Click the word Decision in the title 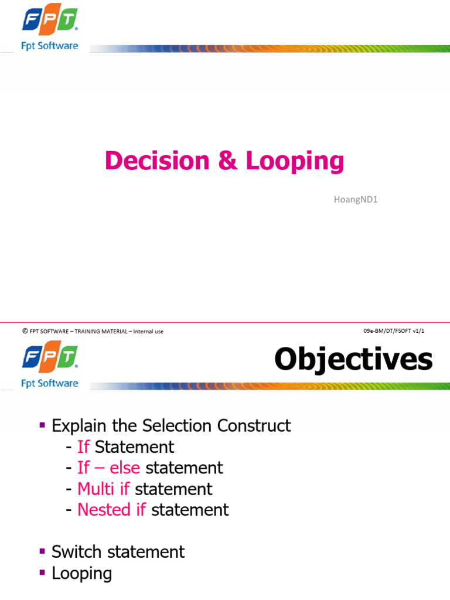coord(156,161)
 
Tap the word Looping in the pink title coord(295,161)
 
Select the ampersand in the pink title coord(228,161)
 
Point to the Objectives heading coord(353,359)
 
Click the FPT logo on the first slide coord(50,19)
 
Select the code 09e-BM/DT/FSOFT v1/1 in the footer coord(393,331)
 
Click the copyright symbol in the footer coord(25,331)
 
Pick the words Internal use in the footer coord(148,332)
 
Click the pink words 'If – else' coord(108,468)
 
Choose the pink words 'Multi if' coord(104,489)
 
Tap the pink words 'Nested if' coord(111,510)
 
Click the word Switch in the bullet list coord(76,552)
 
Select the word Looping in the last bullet coord(81,573)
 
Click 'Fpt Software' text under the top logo coord(49,46)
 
